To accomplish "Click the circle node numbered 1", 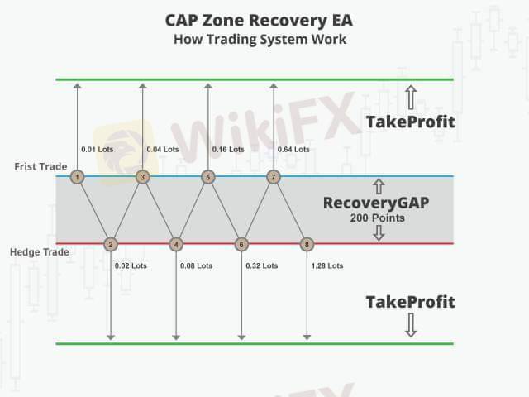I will tap(77, 177).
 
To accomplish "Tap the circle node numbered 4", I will tap(175, 244).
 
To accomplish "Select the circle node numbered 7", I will tap(274, 177).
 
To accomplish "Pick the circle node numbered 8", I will tap(307, 244).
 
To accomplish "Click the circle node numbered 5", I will tap(208, 177).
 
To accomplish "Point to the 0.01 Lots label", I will tap(96, 150).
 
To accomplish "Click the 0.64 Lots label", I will tap(293, 150).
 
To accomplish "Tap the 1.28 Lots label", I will tap(327, 265).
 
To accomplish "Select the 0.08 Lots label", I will tap(196, 265).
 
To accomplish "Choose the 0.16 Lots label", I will tap(228, 150).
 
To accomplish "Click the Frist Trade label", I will tap(41, 167).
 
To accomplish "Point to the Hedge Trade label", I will tap(38, 251).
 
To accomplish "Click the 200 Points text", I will tap(376, 218).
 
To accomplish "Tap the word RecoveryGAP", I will tap(376, 203).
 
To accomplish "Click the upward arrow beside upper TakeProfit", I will tap(411, 96).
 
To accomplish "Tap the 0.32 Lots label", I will tap(261, 265).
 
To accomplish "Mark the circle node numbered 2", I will tap(110, 244).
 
